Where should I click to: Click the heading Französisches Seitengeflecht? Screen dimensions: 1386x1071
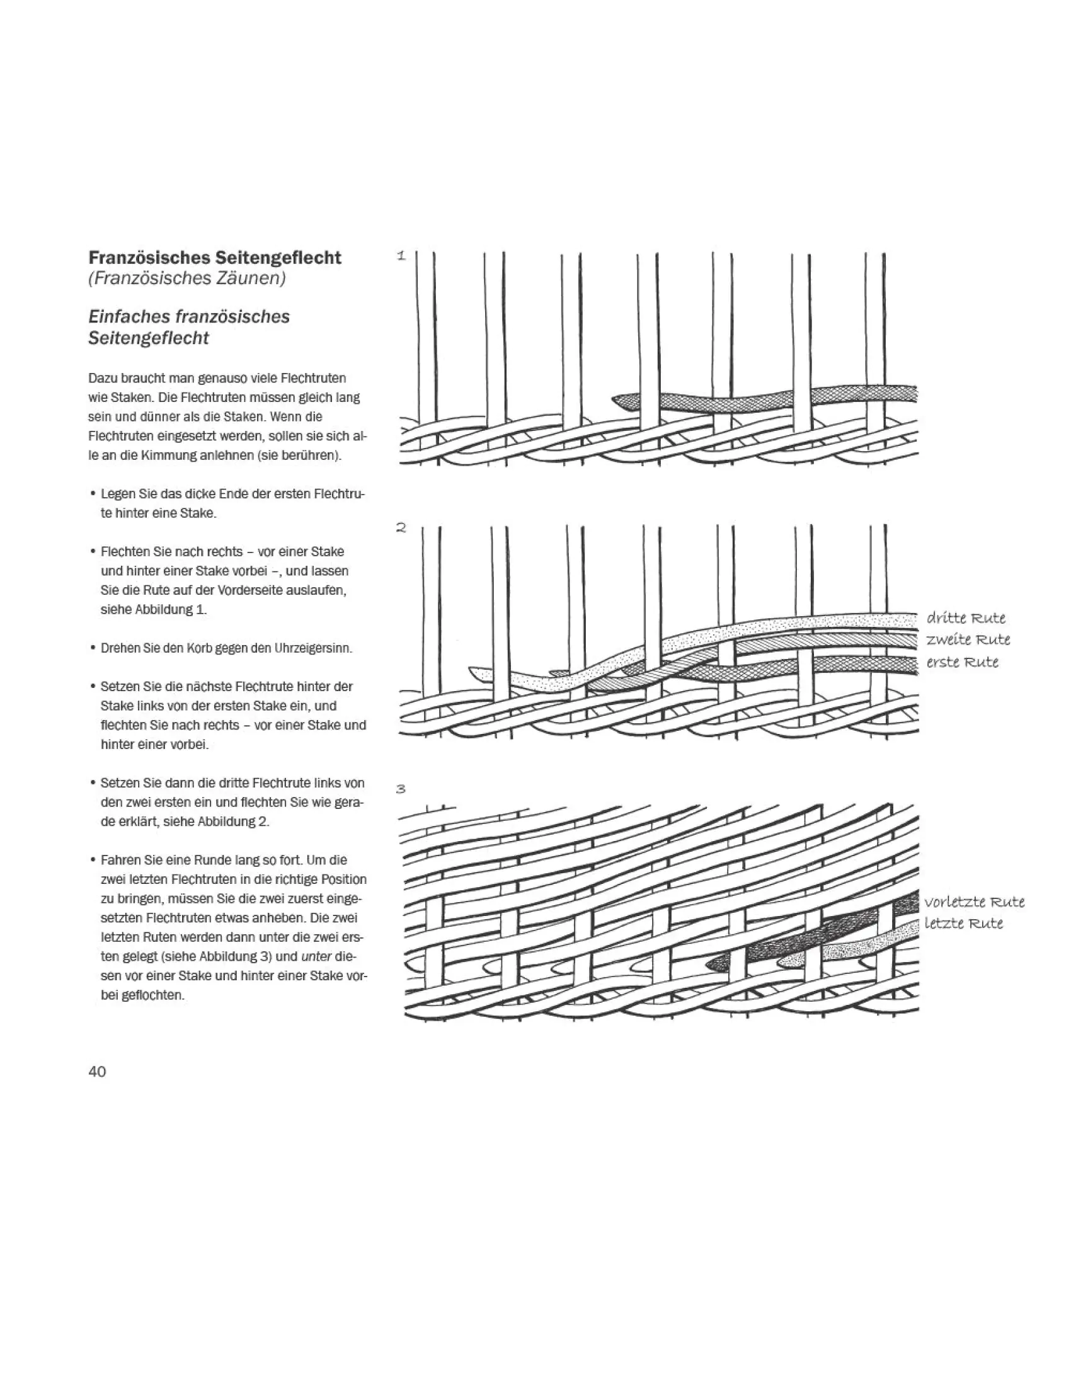[x=214, y=258]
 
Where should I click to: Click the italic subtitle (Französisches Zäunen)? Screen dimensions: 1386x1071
[x=186, y=278]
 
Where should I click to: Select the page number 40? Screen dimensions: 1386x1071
[x=97, y=1071]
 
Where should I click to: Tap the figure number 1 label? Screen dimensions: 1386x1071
[x=401, y=256]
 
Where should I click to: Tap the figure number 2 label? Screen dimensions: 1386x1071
[x=401, y=527]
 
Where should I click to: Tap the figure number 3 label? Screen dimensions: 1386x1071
[x=401, y=789]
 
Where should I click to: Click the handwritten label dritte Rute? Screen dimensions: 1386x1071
[x=966, y=618]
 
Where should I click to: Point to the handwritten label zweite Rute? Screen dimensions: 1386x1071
[x=968, y=639]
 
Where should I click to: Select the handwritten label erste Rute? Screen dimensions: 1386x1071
[x=963, y=662]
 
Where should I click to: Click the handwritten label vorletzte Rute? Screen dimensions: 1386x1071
[x=975, y=902]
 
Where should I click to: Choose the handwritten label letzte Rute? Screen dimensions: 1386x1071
[x=963, y=924]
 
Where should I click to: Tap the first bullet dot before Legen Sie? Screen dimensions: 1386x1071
[x=93, y=494]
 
